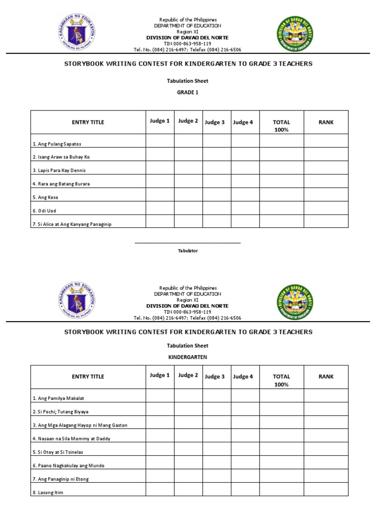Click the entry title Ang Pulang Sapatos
click(x=57, y=144)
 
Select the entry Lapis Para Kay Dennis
click(x=59, y=170)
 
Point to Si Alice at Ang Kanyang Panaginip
click(x=72, y=224)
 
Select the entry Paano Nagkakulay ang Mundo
click(x=69, y=465)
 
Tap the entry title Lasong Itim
click(x=48, y=492)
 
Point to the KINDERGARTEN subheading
click(x=188, y=357)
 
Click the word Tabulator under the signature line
click(x=188, y=251)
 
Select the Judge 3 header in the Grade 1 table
click(x=215, y=122)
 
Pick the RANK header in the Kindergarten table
click(x=326, y=376)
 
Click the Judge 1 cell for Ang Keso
click(x=159, y=197)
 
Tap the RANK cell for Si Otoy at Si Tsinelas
click(x=326, y=451)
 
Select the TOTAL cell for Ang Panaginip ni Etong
click(x=281, y=478)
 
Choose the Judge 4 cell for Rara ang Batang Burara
click(x=245, y=183)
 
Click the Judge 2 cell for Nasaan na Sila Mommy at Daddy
click(x=188, y=438)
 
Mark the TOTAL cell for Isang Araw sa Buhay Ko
click(x=281, y=156)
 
